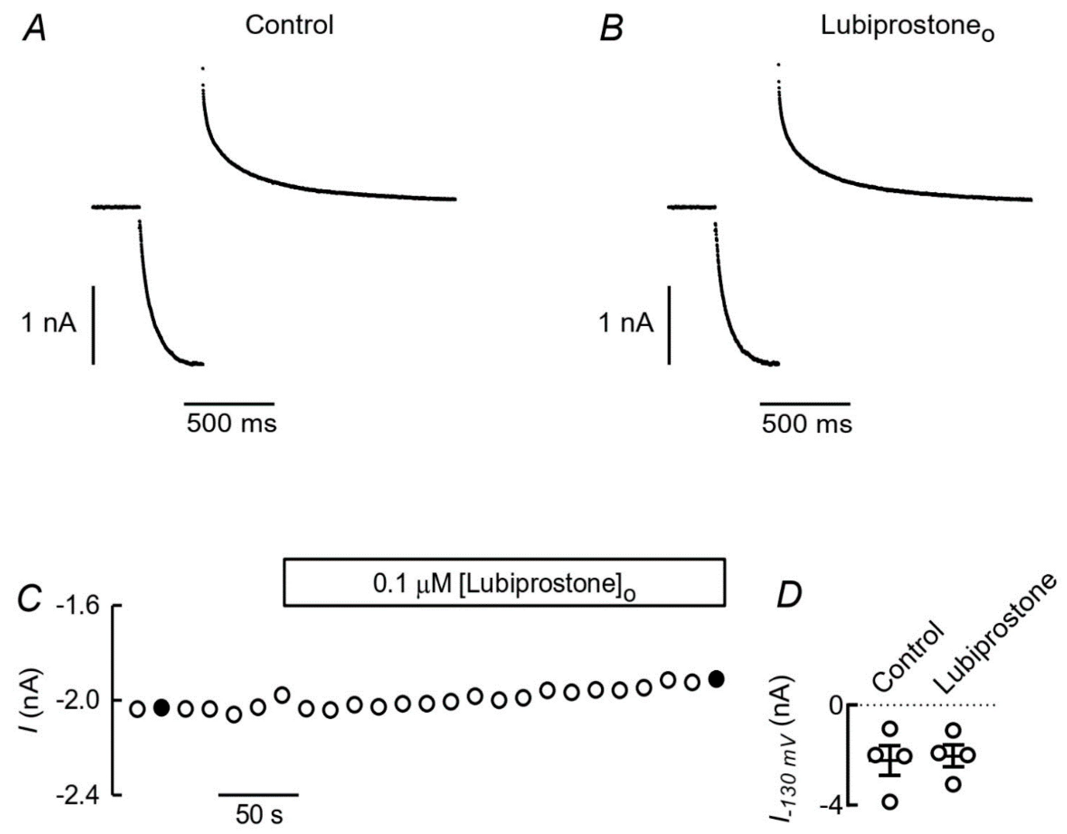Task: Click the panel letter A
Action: click(x=34, y=29)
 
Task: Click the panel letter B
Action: click(x=611, y=29)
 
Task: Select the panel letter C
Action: click(x=29, y=598)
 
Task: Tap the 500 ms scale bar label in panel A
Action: click(x=232, y=423)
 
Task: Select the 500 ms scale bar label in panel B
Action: click(x=807, y=423)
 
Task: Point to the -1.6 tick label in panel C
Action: click(x=78, y=606)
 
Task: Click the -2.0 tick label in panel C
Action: click(x=78, y=701)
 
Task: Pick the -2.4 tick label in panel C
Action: click(x=78, y=796)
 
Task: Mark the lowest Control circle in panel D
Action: click(x=890, y=802)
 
